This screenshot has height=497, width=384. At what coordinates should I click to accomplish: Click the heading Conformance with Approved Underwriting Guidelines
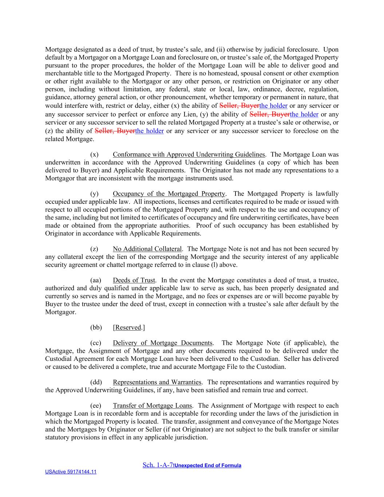[189, 154]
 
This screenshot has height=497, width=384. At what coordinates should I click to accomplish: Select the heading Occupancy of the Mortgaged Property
[169, 194]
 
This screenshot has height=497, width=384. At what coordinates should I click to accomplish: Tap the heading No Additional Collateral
[147, 249]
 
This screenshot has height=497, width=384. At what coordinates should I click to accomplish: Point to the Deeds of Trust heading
[134, 280]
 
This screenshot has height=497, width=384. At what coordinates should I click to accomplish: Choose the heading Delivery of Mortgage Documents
[162, 343]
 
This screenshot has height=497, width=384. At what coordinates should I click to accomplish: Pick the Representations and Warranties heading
[157, 382]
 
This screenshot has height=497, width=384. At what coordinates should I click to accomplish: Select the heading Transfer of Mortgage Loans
[153, 406]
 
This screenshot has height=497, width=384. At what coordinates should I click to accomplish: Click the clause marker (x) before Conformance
[94, 154]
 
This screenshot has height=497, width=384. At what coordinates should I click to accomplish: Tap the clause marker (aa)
[95, 280]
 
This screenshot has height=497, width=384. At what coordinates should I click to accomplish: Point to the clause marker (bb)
[96, 328]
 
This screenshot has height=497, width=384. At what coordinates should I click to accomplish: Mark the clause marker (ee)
[95, 406]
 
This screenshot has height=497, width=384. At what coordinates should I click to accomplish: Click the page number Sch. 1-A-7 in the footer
[158, 465]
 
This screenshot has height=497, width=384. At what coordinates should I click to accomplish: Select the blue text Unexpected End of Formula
[207, 465]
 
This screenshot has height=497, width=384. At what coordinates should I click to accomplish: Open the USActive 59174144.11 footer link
[71, 472]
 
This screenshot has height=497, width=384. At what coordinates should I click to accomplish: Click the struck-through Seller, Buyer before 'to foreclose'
[115, 131]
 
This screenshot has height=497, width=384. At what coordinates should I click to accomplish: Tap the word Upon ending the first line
[330, 50]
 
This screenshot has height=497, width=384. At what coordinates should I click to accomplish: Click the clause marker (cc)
[95, 343]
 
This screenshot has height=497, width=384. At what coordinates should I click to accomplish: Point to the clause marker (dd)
[96, 382]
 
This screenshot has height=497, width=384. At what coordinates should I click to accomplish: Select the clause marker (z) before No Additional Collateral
[94, 249]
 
